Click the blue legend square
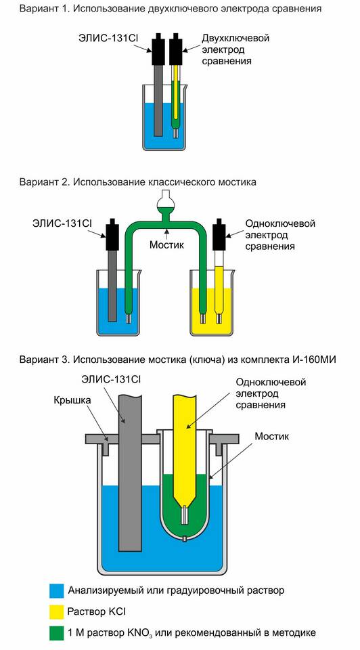tap(56, 590)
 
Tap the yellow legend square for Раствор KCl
tap(56, 611)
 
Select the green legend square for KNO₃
tap(56, 633)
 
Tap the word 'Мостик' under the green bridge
tap(166, 244)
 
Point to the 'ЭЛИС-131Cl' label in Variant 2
tap(62, 223)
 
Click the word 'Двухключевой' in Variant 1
tap(235, 38)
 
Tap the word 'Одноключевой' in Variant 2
tap(280, 223)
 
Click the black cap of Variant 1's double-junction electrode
tap(176, 49)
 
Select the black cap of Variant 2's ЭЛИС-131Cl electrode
tap(112, 235)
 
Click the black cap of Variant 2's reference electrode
tap(219, 235)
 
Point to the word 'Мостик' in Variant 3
tap(272, 436)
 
